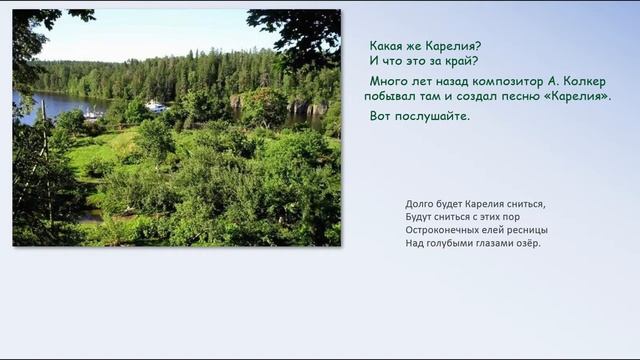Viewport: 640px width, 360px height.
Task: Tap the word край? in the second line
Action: coord(459,60)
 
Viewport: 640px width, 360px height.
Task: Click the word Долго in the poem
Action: coord(420,204)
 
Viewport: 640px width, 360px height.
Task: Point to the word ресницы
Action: coord(527,230)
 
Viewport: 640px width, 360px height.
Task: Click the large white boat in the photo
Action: coord(155,106)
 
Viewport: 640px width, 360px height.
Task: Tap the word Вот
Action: coord(380,116)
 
